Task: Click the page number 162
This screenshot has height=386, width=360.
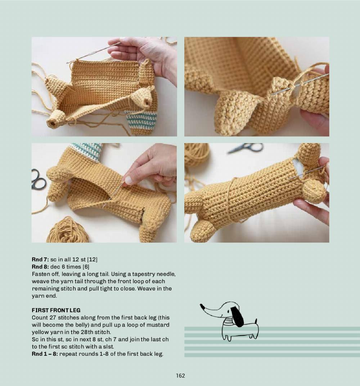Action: point(180,376)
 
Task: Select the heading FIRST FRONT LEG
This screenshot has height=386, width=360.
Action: point(56,310)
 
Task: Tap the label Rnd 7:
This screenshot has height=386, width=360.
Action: point(40,259)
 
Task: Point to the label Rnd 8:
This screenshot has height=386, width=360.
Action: point(40,267)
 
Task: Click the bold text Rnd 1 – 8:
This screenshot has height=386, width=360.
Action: point(45,354)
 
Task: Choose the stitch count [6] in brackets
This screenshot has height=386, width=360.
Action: point(86,267)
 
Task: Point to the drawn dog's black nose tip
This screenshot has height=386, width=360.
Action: point(202,306)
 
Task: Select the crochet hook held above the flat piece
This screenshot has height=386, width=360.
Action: point(94,53)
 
